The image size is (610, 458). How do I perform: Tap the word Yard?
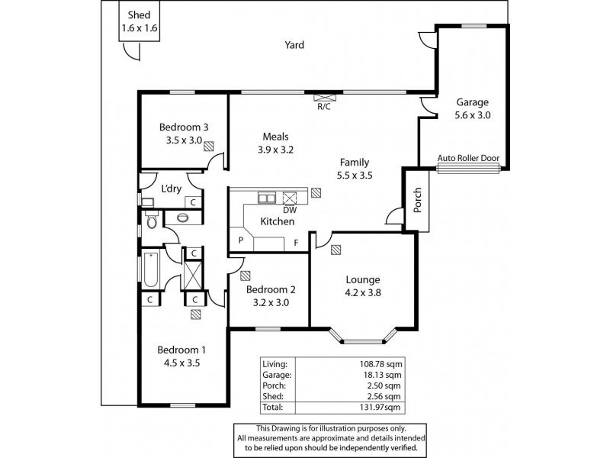tap(294, 45)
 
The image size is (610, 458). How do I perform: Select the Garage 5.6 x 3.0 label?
tap(473, 109)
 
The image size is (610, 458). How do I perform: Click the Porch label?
tap(417, 202)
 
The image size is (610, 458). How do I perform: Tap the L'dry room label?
tap(171, 189)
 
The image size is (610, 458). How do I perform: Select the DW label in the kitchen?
tap(290, 210)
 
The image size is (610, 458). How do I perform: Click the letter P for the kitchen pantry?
tap(241, 240)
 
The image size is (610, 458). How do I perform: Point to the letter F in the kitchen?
tap(296, 244)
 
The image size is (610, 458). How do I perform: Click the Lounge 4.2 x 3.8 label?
tap(363, 285)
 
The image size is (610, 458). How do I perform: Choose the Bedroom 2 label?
tap(270, 289)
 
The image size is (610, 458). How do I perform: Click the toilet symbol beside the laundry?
tap(152, 221)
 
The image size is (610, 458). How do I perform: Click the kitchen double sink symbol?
tap(267, 198)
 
